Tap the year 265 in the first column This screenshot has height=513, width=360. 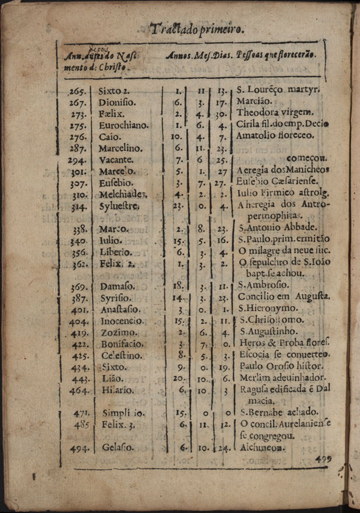point(78,91)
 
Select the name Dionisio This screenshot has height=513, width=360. point(117,102)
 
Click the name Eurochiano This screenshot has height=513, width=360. point(123,125)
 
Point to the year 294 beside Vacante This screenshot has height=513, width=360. point(77,160)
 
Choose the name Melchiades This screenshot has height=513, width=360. point(123,195)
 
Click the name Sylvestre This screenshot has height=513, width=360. point(119,206)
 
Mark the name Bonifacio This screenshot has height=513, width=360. point(122,344)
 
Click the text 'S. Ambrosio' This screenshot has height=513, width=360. point(264,286)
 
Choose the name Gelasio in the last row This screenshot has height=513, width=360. point(117,448)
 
